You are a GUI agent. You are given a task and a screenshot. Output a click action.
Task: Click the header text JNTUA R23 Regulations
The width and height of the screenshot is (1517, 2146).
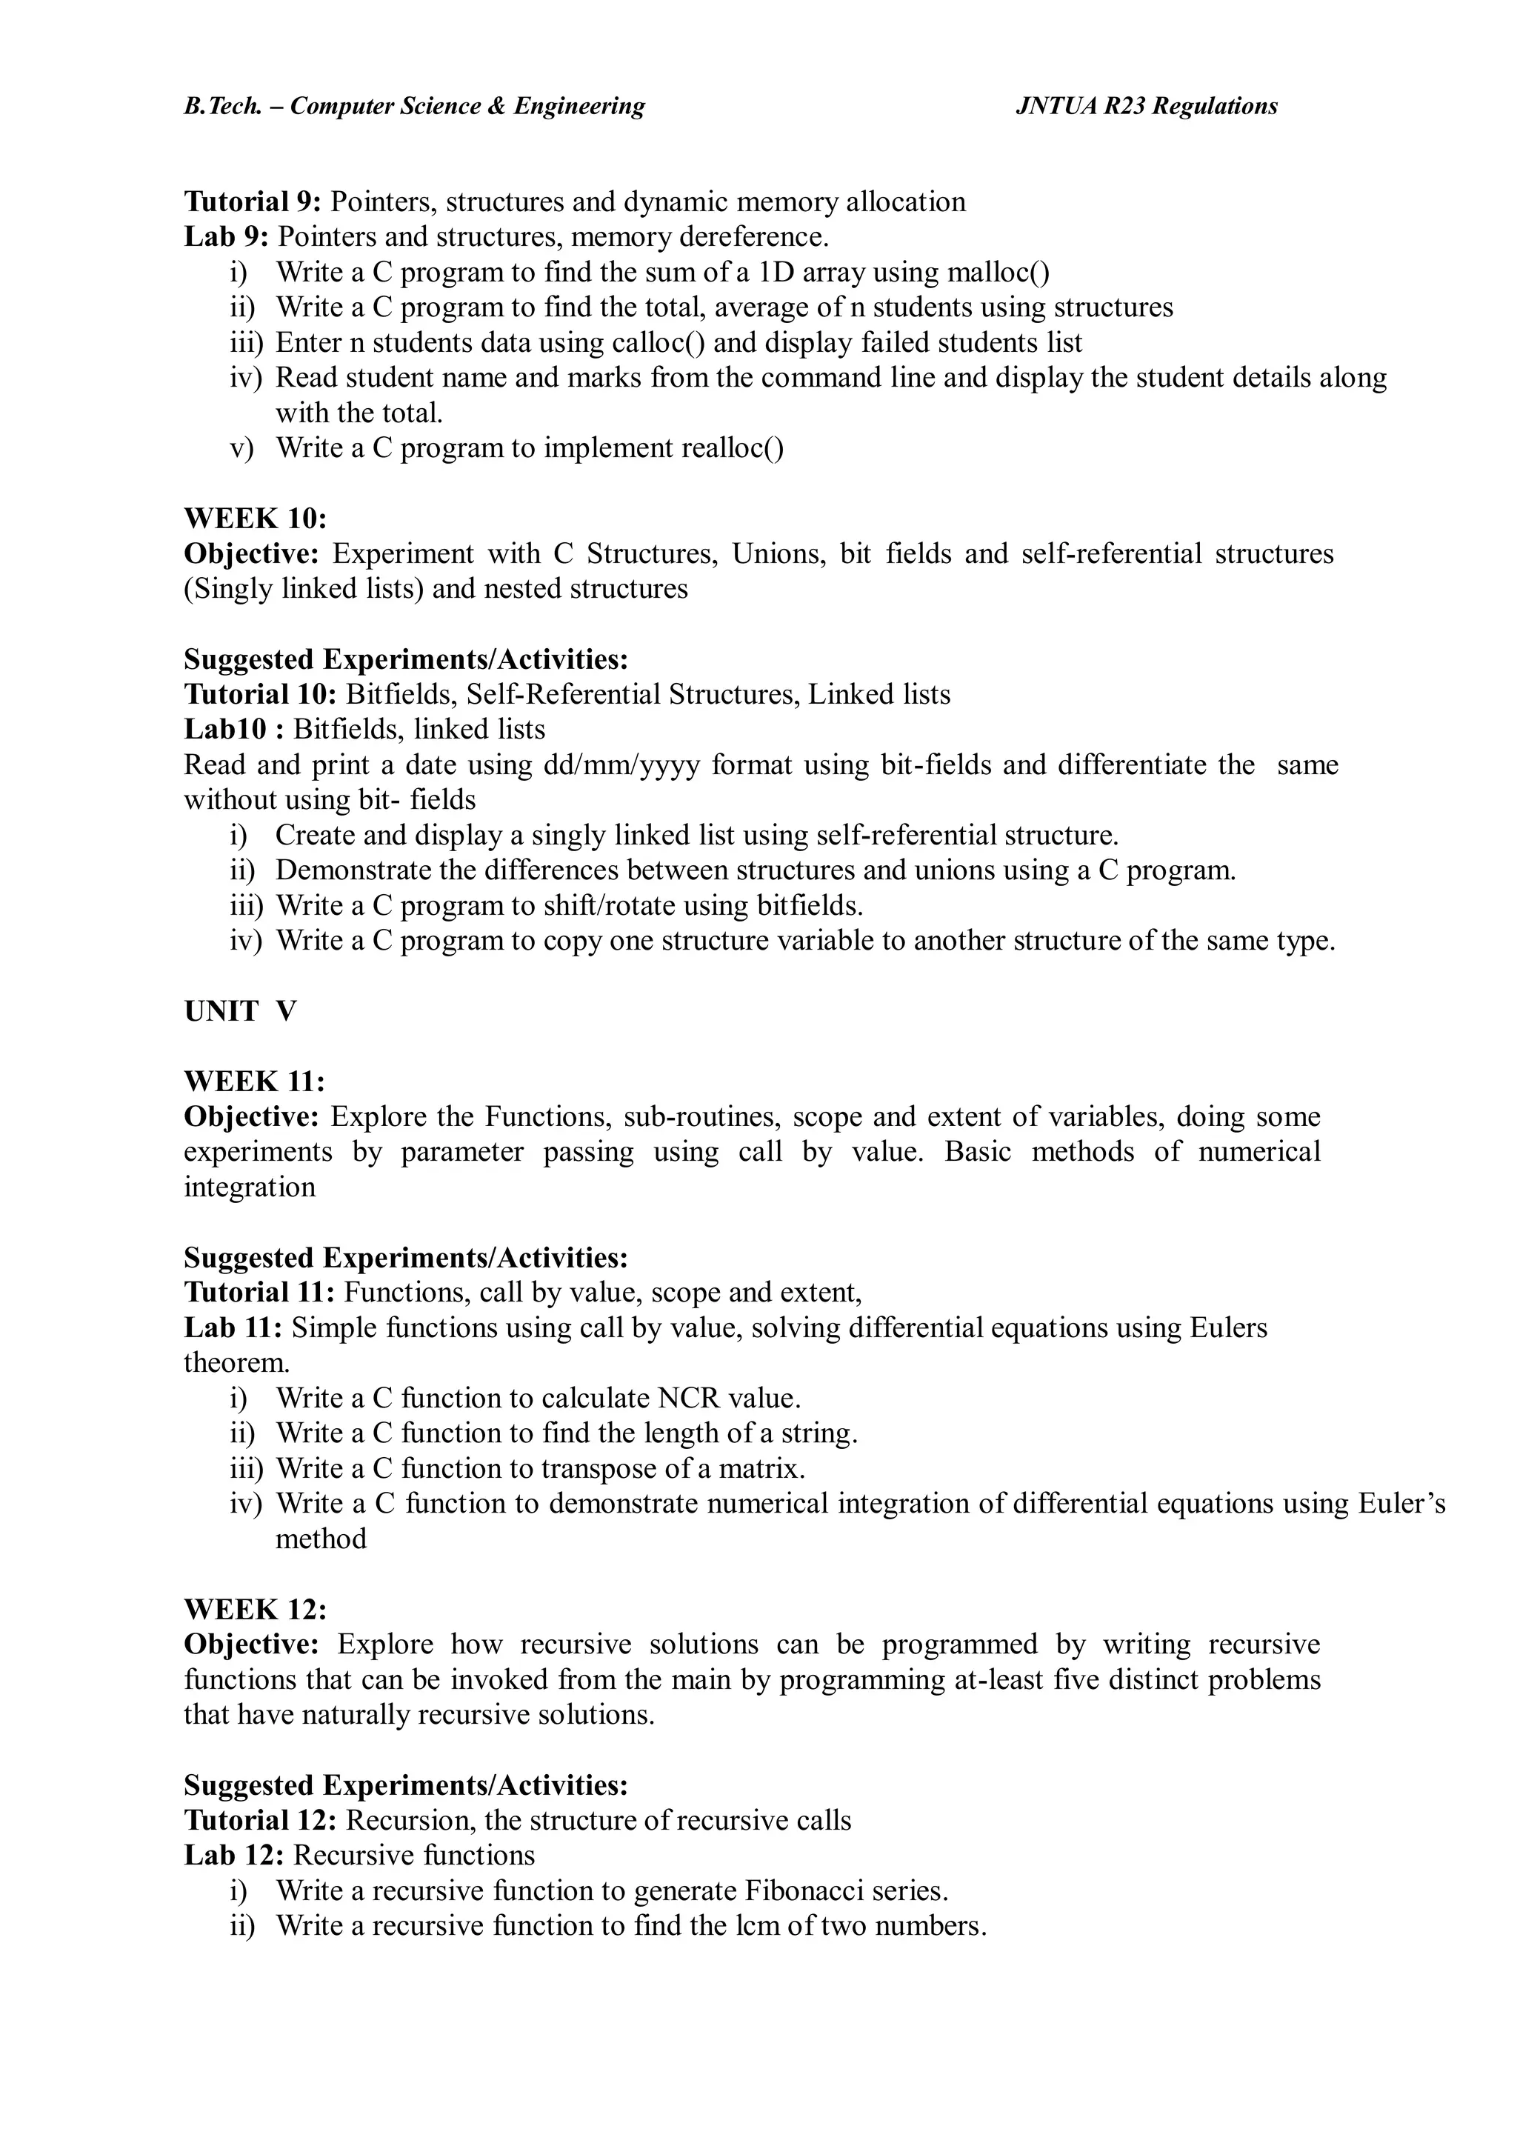[1146, 107]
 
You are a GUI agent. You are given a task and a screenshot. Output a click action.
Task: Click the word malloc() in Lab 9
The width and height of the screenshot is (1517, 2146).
[998, 272]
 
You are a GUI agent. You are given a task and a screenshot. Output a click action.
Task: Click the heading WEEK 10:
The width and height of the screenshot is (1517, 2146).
[255, 519]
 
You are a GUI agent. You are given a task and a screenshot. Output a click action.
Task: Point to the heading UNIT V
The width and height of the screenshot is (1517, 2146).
[240, 1011]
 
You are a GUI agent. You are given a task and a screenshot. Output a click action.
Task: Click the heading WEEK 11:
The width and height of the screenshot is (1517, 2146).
[254, 1082]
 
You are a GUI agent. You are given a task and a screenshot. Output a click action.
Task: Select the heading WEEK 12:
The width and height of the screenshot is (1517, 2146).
[255, 1610]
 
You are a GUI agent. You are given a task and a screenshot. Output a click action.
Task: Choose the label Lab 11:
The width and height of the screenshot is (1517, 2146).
[233, 1328]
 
